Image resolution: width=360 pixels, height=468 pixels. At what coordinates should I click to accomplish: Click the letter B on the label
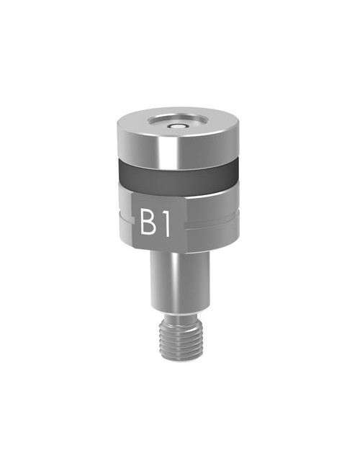click(149, 223)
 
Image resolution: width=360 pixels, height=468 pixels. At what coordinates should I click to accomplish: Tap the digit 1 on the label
click(166, 223)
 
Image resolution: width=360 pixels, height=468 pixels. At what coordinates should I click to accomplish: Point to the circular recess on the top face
click(178, 123)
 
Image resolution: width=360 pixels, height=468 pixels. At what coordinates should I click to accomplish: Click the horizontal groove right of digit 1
click(216, 223)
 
